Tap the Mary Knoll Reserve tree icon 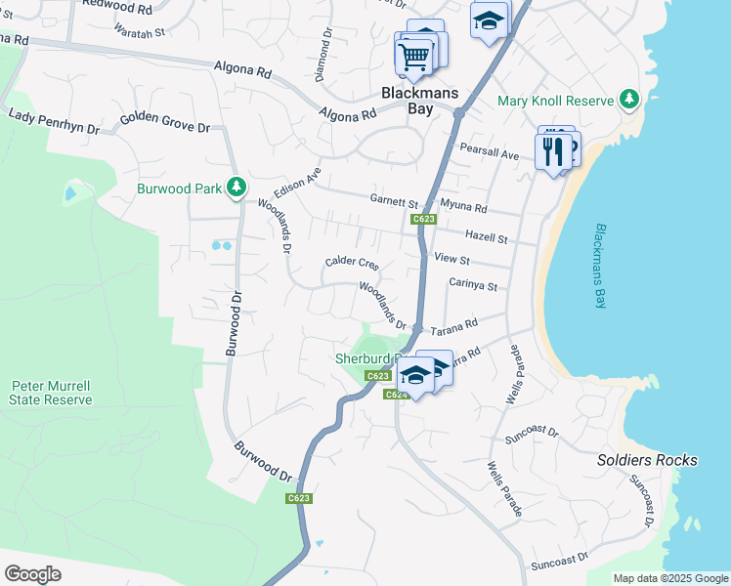pyautogui.click(x=629, y=100)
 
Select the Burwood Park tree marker pyautogui.click(x=236, y=186)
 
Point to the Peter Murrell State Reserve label pyautogui.click(x=51, y=393)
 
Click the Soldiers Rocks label pyautogui.click(x=647, y=460)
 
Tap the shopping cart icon pyautogui.click(x=413, y=58)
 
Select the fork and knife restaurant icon pyautogui.click(x=553, y=151)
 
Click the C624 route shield pyautogui.click(x=395, y=395)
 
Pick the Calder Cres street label pyautogui.click(x=351, y=264)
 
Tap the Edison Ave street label pyautogui.click(x=300, y=180)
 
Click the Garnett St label pyautogui.click(x=394, y=199)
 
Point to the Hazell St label pyautogui.click(x=487, y=237)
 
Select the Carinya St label pyautogui.click(x=473, y=286)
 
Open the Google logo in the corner pyautogui.click(x=31, y=574)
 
